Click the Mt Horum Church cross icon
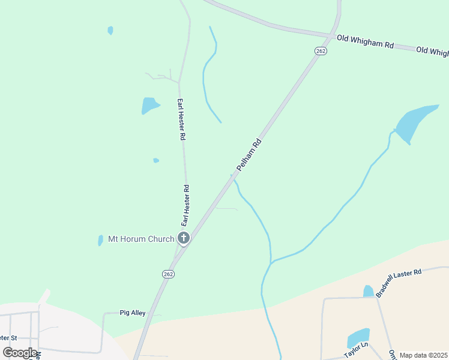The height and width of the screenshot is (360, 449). [x=184, y=238]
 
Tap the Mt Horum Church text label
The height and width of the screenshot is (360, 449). [x=141, y=239]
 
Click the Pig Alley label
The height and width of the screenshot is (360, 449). [x=133, y=313]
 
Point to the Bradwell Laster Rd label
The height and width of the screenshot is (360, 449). [x=399, y=283]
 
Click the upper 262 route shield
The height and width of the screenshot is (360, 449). [x=321, y=51]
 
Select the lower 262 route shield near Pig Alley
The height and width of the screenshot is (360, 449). [x=168, y=274]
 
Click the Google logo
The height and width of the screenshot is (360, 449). [x=20, y=353]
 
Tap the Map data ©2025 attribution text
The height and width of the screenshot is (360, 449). [x=423, y=355]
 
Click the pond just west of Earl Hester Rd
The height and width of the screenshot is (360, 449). [x=149, y=106]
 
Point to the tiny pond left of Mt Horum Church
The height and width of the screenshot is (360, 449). [x=100, y=240]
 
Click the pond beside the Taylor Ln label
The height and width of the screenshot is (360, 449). [x=358, y=337]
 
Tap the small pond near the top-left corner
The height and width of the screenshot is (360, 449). [x=110, y=30]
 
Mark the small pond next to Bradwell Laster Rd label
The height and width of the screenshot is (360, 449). [x=368, y=292]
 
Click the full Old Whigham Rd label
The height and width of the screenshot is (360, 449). [x=365, y=41]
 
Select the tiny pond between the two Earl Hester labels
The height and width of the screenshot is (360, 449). [x=156, y=160]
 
